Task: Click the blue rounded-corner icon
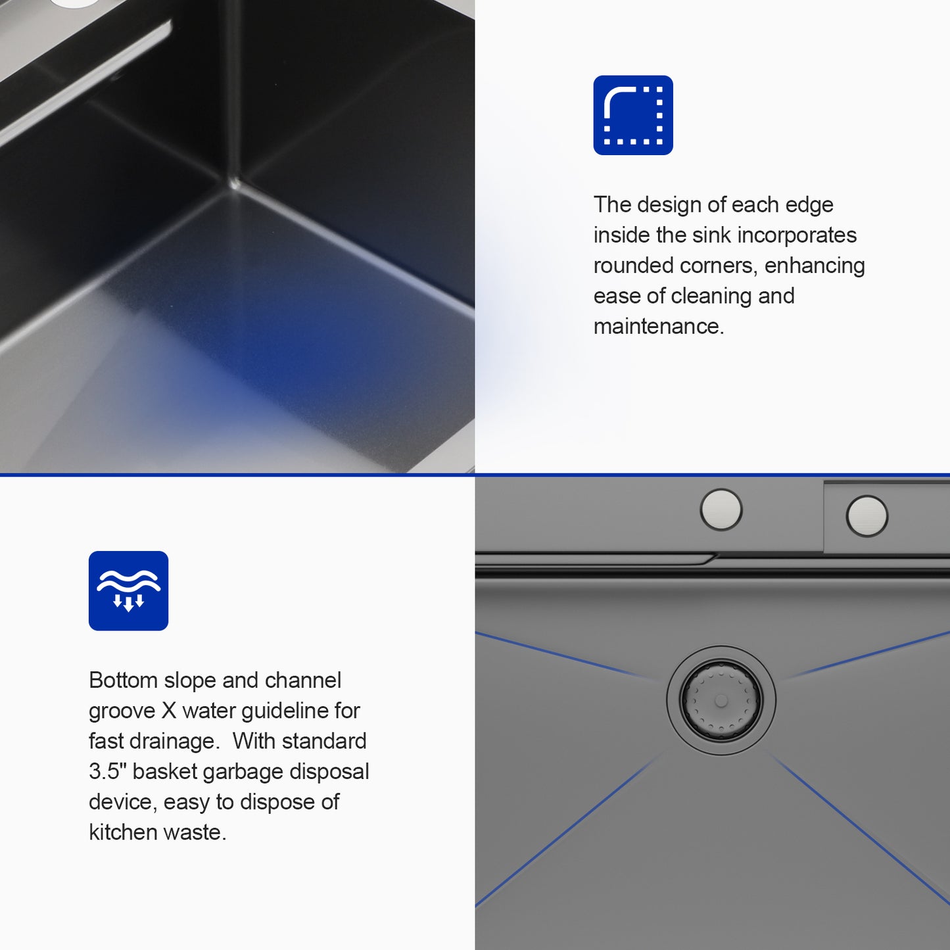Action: click(x=633, y=115)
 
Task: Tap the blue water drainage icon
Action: click(x=129, y=590)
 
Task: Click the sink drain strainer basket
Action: click(x=721, y=701)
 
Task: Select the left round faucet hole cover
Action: click(x=721, y=510)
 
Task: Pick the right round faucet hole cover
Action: click(x=867, y=515)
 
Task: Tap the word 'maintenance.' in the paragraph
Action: click(x=659, y=326)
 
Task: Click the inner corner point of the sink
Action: click(x=235, y=184)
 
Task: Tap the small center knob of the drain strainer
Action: click(x=721, y=701)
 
